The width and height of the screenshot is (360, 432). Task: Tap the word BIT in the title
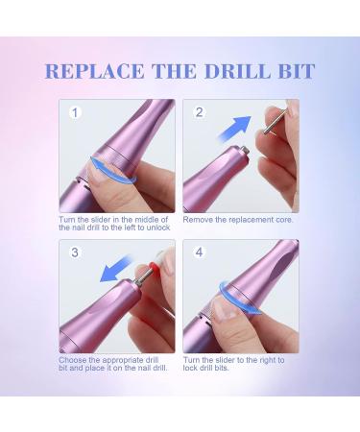294,73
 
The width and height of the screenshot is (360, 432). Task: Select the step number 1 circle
74,113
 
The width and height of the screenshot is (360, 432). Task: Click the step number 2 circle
200,113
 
